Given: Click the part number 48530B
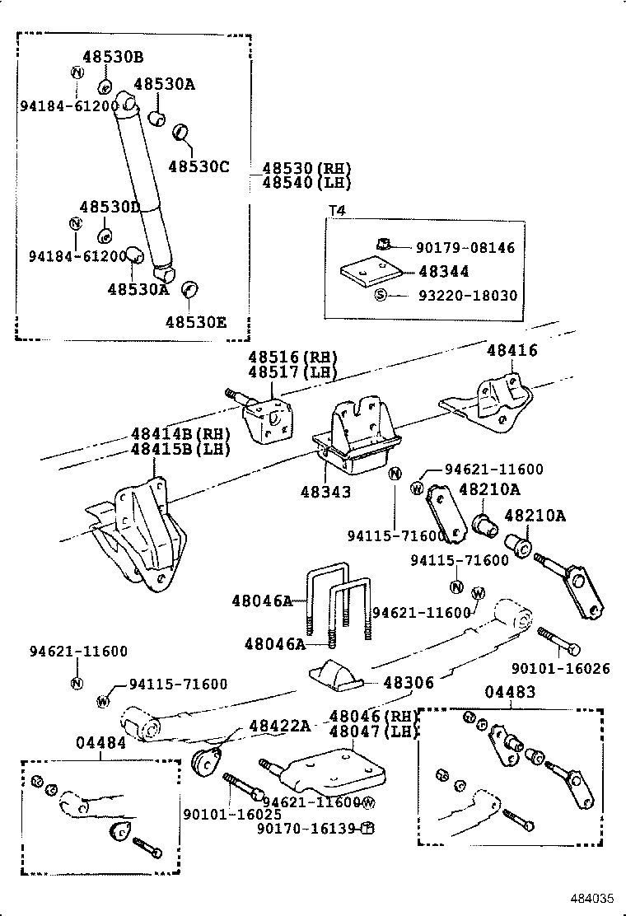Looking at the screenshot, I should point(112,57).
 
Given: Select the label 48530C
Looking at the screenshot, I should point(199,166).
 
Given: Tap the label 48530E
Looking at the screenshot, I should point(195,323).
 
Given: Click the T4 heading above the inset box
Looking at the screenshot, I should point(338,211).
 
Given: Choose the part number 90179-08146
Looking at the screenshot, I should point(465,247).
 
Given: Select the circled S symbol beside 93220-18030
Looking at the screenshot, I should point(381,295).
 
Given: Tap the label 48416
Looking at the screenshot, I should point(512,350).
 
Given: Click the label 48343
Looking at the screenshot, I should point(325,492).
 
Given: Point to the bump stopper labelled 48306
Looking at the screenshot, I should point(334,676).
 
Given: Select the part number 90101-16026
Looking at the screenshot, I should point(560,669).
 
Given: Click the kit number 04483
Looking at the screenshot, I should point(509,693).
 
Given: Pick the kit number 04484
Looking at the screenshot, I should point(100,742).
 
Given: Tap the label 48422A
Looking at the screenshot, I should point(279,725).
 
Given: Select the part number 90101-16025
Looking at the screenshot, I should point(232,814).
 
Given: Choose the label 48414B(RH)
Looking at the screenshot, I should point(180,434).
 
